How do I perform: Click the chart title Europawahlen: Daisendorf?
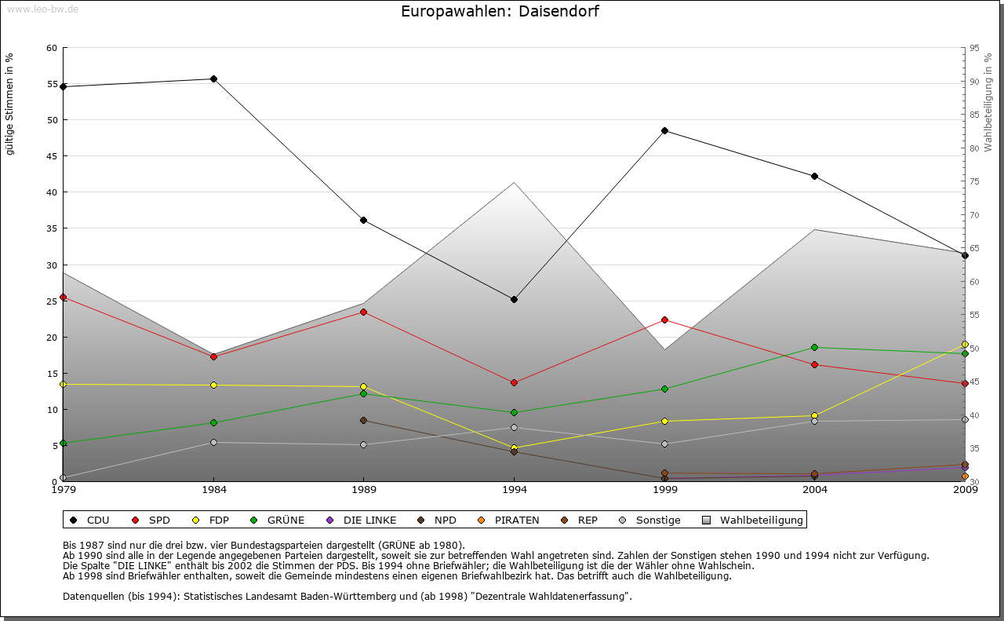point(500,12)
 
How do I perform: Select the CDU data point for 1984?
point(213,79)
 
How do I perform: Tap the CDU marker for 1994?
point(514,299)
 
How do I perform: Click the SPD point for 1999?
point(664,320)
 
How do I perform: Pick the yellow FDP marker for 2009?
point(965,345)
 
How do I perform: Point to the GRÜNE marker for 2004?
point(814,347)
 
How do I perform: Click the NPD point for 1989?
point(363,420)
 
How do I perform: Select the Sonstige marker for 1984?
point(213,442)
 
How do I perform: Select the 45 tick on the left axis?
point(52,156)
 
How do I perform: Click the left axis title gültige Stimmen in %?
point(10,104)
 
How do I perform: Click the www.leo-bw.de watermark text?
point(42,9)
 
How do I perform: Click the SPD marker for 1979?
point(63,297)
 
